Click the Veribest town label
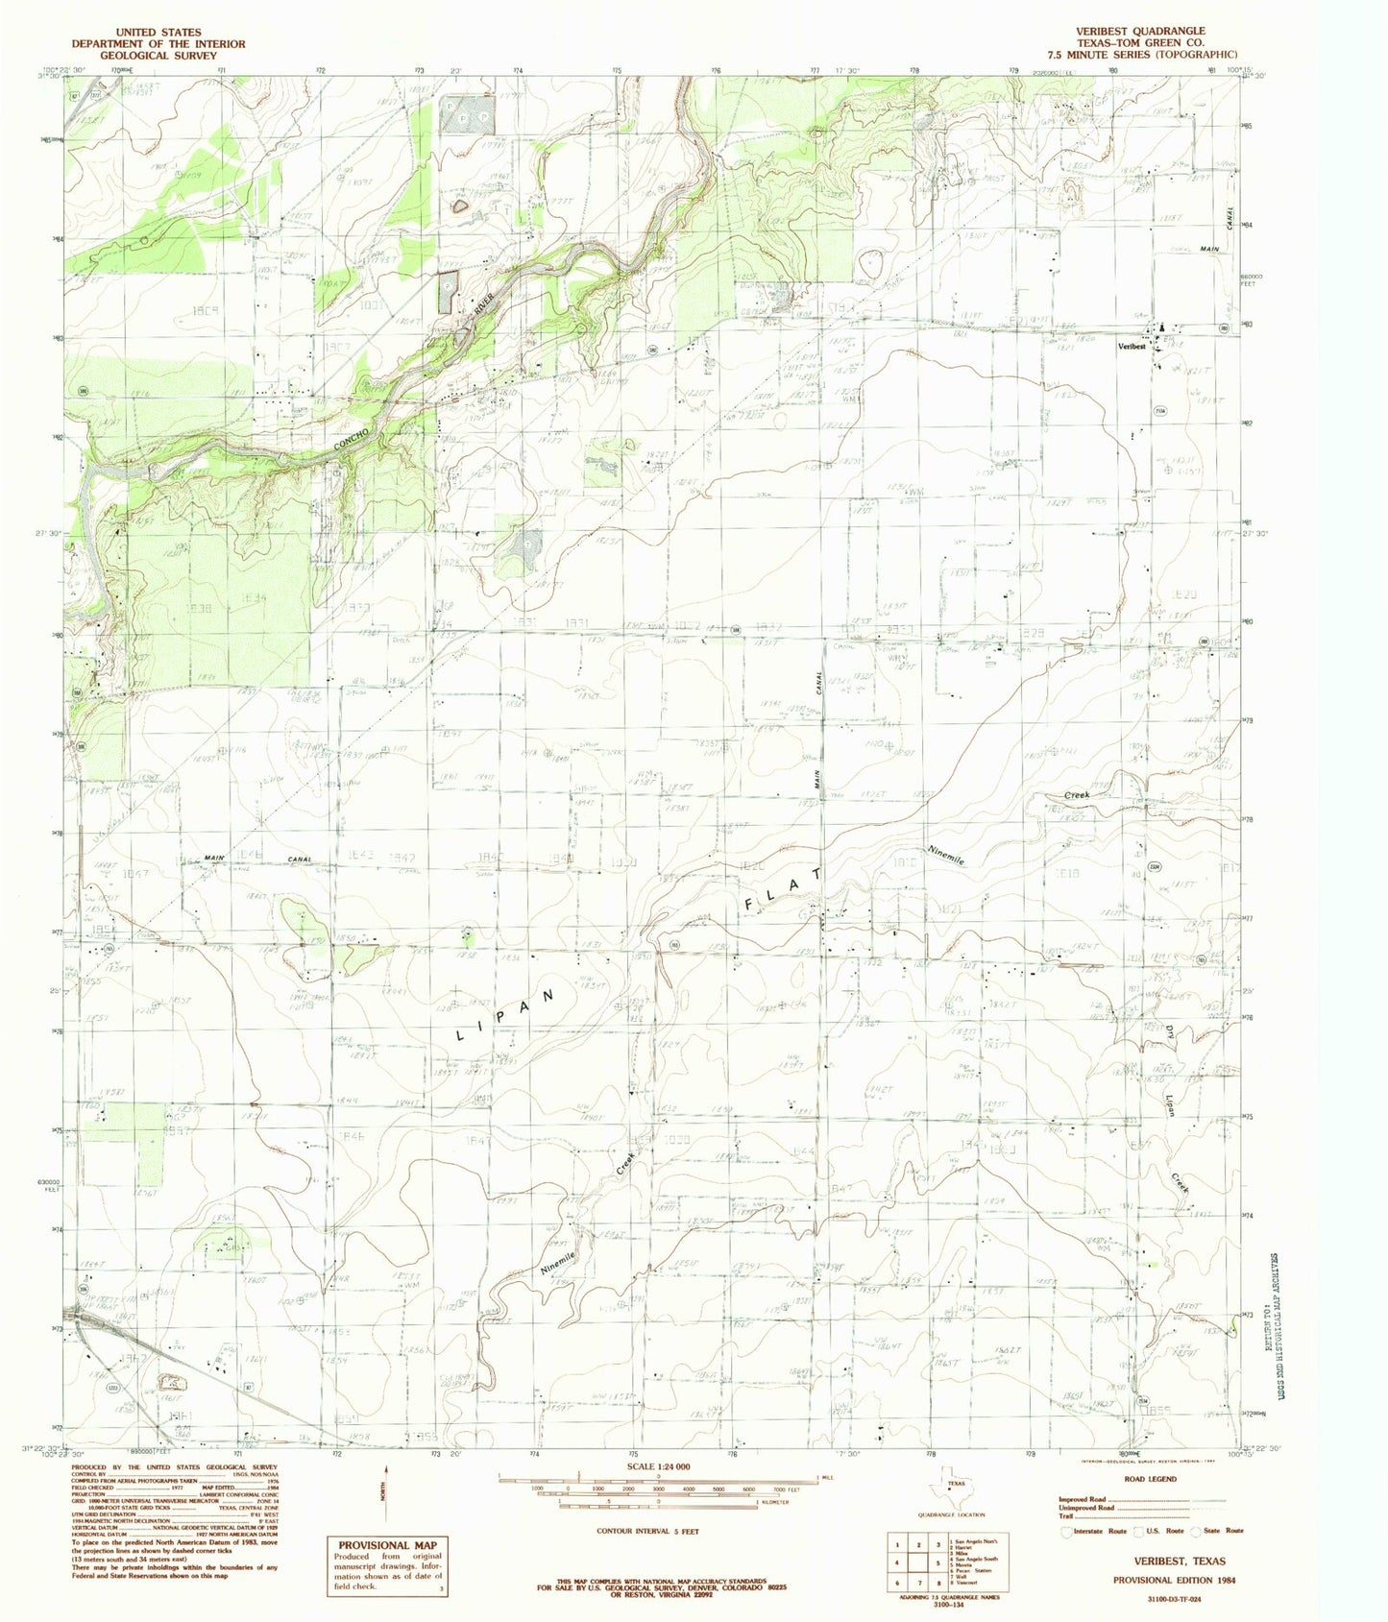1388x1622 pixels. (1131, 347)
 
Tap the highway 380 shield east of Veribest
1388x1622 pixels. (1224, 329)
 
